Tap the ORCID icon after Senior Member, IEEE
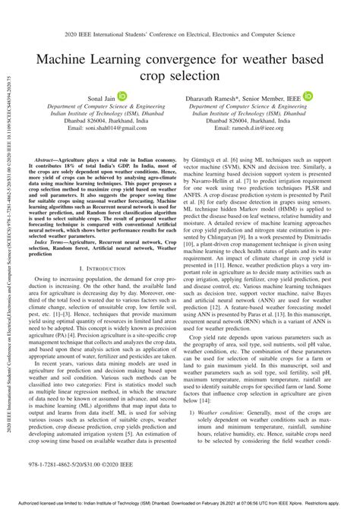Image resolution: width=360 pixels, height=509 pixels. [308, 97]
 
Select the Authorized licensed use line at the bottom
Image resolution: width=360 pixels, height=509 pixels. [180, 503]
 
